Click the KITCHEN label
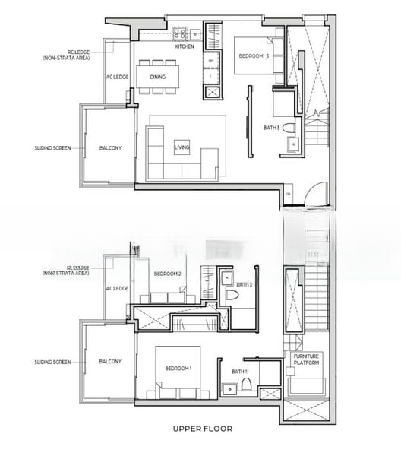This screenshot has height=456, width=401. [185, 47]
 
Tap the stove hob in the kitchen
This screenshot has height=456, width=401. [181, 33]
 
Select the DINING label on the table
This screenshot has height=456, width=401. [157, 77]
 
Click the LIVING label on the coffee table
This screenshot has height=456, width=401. [182, 147]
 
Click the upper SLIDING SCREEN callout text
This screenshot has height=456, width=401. [52, 148]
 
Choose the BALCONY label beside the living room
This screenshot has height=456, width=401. [110, 148]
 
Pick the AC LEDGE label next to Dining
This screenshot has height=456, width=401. [117, 77]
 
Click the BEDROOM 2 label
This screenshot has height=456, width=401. [167, 274]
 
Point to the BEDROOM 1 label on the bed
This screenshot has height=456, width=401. [179, 369]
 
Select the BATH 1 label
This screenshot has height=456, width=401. [240, 370]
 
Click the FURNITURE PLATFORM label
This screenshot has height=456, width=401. [307, 359]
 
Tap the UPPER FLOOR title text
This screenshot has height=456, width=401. [201, 429]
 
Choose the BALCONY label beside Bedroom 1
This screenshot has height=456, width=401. [110, 361]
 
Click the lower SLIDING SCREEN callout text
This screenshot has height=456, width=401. [52, 361]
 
